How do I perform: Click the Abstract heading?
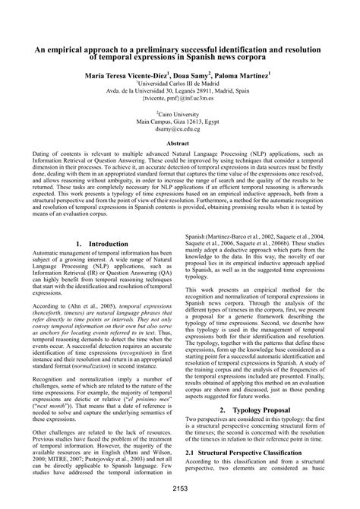click(x=180, y=143)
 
